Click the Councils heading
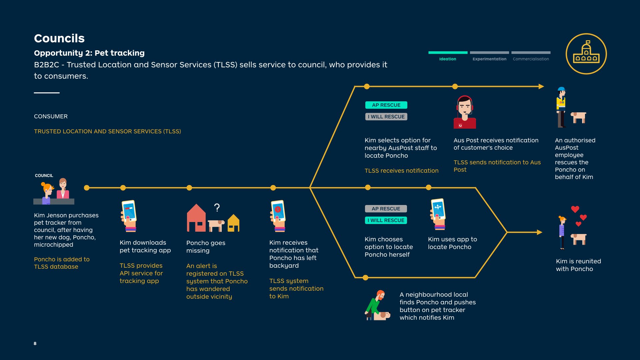(59, 38)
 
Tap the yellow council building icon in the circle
(586, 53)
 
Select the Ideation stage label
(448, 59)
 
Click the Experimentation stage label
(489, 59)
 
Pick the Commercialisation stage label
(531, 59)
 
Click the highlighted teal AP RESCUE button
(386, 105)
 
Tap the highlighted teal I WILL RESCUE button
(386, 220)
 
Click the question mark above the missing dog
(217, 208)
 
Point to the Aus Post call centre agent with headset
(465, 112)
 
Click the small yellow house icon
(234, 223)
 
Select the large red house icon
(196, 218)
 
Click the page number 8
(35, 343)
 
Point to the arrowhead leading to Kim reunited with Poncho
(540, 232)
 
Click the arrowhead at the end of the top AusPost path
(541, 86)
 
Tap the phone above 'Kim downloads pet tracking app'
(129, 216)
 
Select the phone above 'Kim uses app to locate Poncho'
(438, 214)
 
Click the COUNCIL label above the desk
(44, 176)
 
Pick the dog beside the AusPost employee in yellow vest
(579, 117)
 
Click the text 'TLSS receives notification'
(401, 171)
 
